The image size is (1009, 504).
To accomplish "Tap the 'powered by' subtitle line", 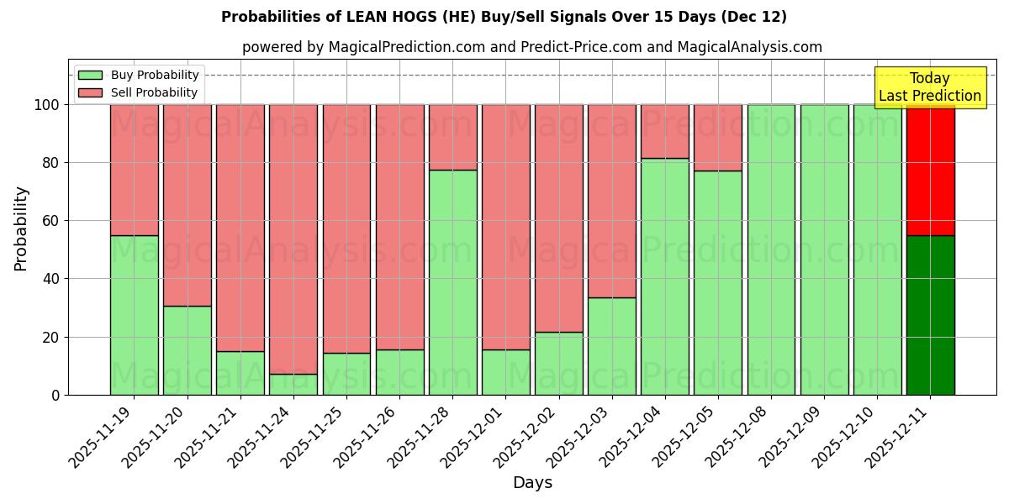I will (x=531, y=47).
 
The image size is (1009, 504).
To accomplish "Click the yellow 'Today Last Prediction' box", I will (x=929, y=87).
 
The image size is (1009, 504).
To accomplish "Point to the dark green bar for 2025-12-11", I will (x=930, y=315).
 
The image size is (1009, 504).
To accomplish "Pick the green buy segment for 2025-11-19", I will (x=134, y=315).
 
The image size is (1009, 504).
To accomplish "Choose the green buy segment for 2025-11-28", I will (x=452, y=282).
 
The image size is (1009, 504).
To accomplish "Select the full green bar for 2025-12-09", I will (x=824, y=249).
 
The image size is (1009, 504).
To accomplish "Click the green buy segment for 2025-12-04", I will (x=665, y=276).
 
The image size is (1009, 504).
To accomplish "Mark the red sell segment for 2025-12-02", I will (x=559, y=218).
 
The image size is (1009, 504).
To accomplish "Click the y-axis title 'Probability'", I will (x=21, y=228).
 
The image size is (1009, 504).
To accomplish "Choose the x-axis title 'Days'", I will (x=532, y=483).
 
